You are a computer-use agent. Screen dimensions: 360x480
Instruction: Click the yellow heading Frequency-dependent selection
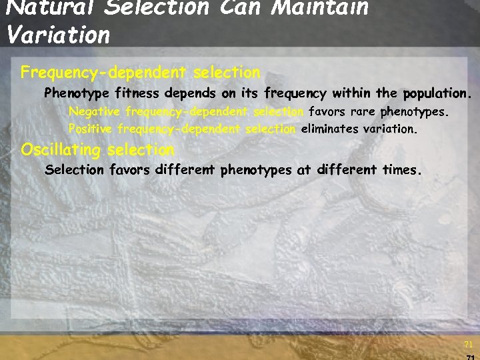140,71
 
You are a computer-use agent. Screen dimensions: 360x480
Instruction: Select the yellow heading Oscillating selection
97,149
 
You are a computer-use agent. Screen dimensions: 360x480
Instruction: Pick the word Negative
94,111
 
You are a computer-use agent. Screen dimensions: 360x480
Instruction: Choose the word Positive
92,129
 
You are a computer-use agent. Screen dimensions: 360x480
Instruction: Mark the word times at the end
401,170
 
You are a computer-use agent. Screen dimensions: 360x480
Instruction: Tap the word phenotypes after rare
415,111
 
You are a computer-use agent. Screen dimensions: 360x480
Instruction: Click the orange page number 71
467,345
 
